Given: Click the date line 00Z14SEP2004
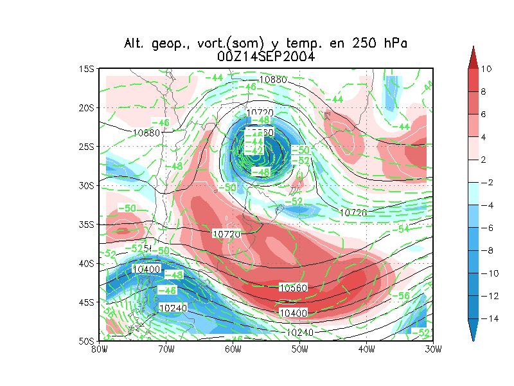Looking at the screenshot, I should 266,57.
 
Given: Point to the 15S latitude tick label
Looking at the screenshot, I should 87,69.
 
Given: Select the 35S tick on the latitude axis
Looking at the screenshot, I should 87,225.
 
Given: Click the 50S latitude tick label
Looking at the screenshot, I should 87,341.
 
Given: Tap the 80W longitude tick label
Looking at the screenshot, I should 99,349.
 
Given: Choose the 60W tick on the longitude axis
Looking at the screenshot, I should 233,349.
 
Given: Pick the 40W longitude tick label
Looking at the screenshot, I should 366,349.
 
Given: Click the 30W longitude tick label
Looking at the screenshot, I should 433,349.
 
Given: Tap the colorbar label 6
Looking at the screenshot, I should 486,115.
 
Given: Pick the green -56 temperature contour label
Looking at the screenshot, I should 403,295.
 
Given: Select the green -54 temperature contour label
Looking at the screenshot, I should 403,229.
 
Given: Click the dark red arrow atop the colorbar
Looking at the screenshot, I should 473,57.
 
